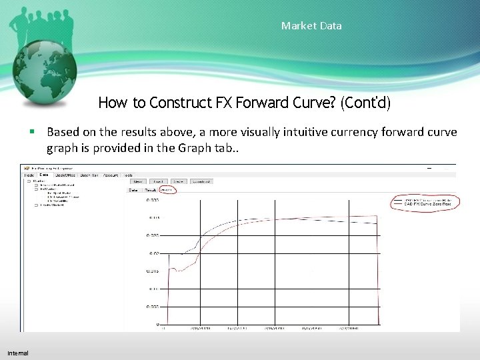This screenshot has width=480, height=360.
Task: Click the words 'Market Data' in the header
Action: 311,26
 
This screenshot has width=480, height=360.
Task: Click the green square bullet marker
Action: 32,132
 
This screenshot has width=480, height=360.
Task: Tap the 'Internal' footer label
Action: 18,352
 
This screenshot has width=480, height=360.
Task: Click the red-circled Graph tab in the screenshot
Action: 167,189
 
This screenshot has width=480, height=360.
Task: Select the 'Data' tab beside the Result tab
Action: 133,189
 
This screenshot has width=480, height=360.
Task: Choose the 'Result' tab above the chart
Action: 150,189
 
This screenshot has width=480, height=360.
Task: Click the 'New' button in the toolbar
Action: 138,181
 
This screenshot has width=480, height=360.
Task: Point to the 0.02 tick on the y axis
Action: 153,253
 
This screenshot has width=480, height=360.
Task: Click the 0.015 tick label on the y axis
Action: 152,271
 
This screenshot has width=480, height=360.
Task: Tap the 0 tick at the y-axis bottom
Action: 157,325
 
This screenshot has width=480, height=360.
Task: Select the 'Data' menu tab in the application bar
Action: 44,175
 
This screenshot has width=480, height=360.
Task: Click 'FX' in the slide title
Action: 223,103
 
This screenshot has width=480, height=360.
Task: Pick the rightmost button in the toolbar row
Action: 201,181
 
